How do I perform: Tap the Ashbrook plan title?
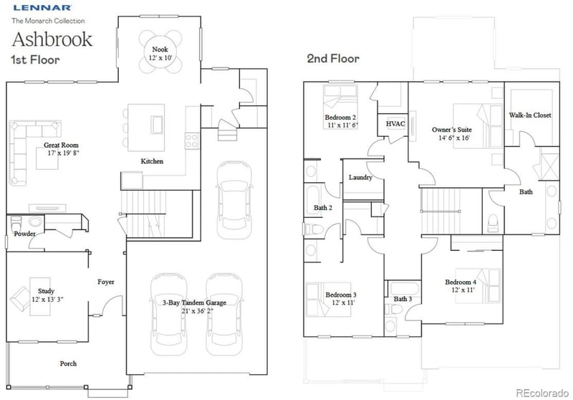[x=52, y=38]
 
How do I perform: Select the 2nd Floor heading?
[x=333, y=58]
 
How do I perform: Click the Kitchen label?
[x=152, y=162]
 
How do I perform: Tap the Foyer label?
[x=106, y=282]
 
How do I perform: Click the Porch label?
[x=69, y=363]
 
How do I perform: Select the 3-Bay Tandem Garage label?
[x=195, y=303]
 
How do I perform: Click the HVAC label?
[x=396, y=124]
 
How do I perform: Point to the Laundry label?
[x=360, y=177]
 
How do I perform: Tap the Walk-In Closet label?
[x=530, y=115]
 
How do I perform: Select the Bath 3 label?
[x=402, y=299]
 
